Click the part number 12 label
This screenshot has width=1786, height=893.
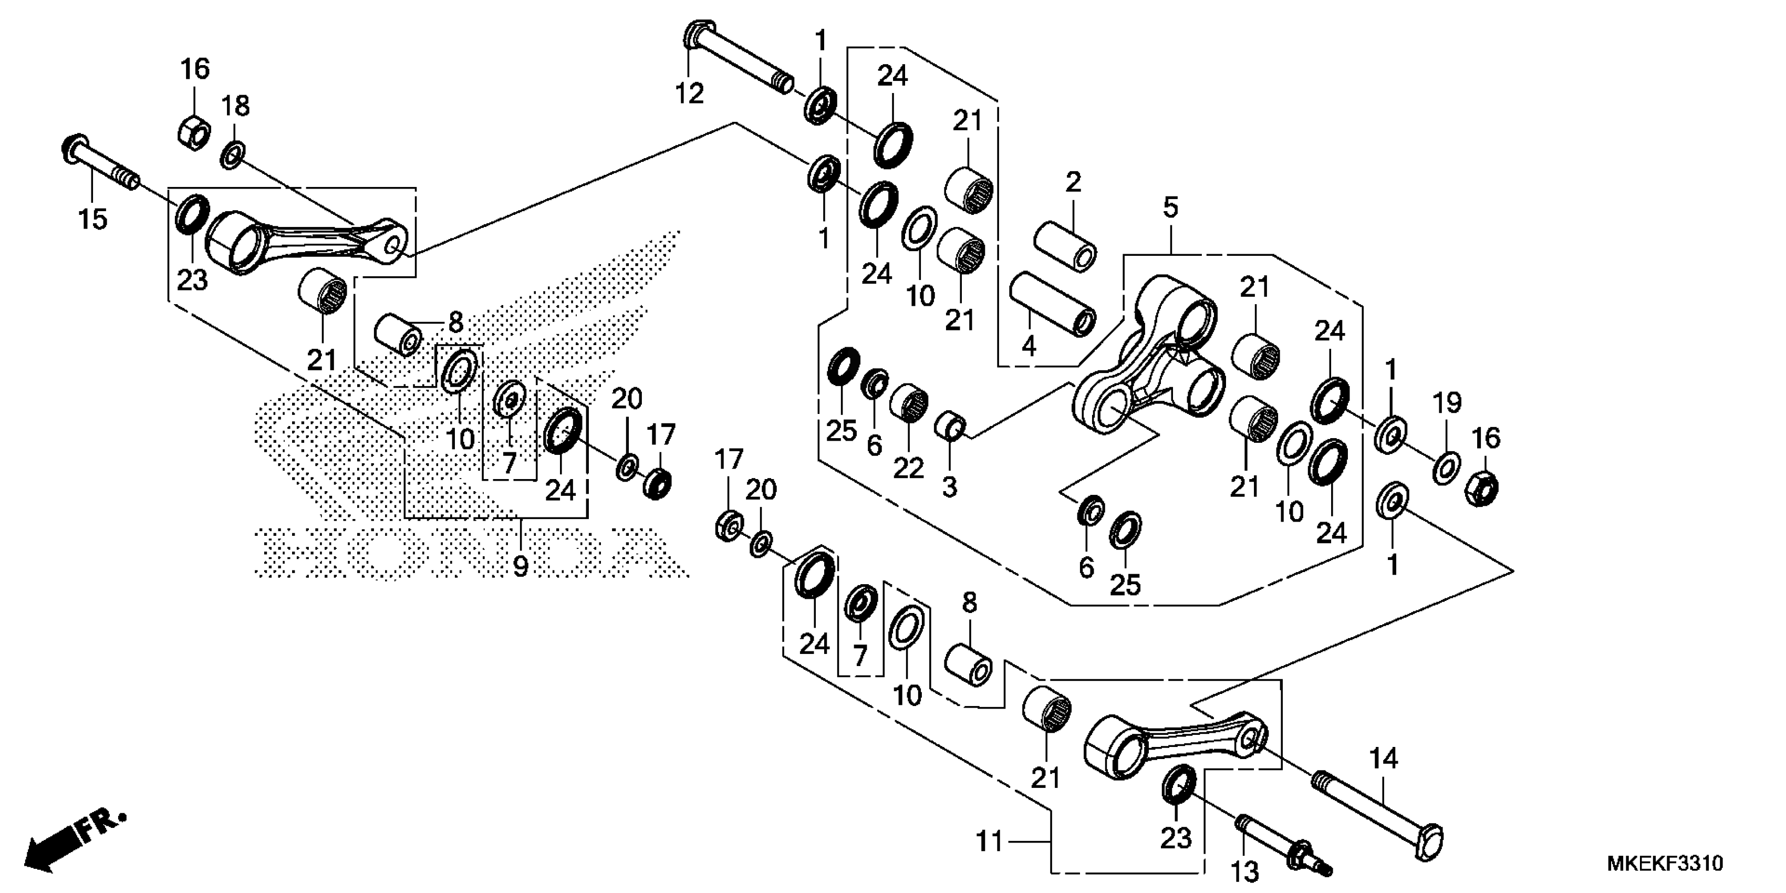coord(689,92)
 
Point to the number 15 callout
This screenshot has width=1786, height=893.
coord(93,219)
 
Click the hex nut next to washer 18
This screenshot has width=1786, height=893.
coord(195,132)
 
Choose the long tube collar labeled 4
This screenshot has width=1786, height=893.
coord(1053,304)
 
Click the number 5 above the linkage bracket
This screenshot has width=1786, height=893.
coord(1170,206)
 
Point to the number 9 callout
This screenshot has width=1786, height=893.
coord(520,566)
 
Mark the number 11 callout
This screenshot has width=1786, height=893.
coord(989,842)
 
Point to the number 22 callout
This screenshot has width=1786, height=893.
coord(908,468)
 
